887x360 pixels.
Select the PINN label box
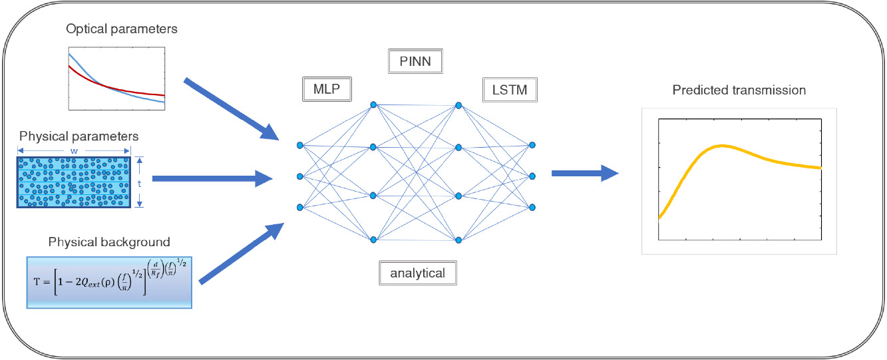click(x=415, y=62)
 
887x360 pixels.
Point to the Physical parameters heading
click(x=79, y=136)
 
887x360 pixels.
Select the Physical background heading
click(x=109, y=241)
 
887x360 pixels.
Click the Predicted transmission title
click(x=739, y=89)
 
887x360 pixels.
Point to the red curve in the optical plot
click(x=133, y=90)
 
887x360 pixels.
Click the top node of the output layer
click(x=532, y=144)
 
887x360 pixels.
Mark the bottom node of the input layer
click(x=300, y=208)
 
